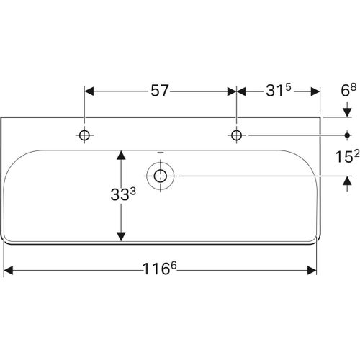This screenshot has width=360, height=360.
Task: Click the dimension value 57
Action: (159, 91)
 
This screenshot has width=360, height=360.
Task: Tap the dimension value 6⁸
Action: (347, 91)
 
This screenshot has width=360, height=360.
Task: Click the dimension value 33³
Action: (121, 195)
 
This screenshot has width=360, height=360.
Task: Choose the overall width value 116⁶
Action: (161, 270)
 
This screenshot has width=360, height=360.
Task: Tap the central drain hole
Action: (161, 175)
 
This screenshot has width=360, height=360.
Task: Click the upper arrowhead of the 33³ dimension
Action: (121, 155)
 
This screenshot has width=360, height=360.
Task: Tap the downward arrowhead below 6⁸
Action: (347, 112)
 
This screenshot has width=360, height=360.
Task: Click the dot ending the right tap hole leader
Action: (347, 135)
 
